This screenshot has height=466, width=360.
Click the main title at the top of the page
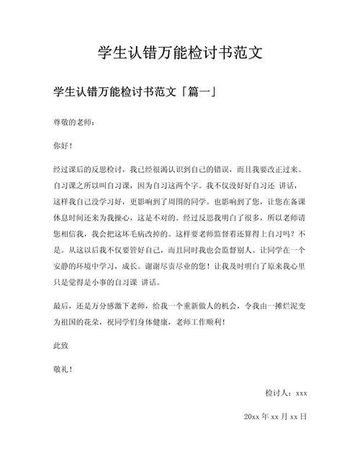(x=180, y=53)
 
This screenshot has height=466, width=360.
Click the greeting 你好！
(x=63, y=145)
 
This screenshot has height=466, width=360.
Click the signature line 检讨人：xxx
(x=286, y=393)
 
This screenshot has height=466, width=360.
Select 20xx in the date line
(x=252, y=416)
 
